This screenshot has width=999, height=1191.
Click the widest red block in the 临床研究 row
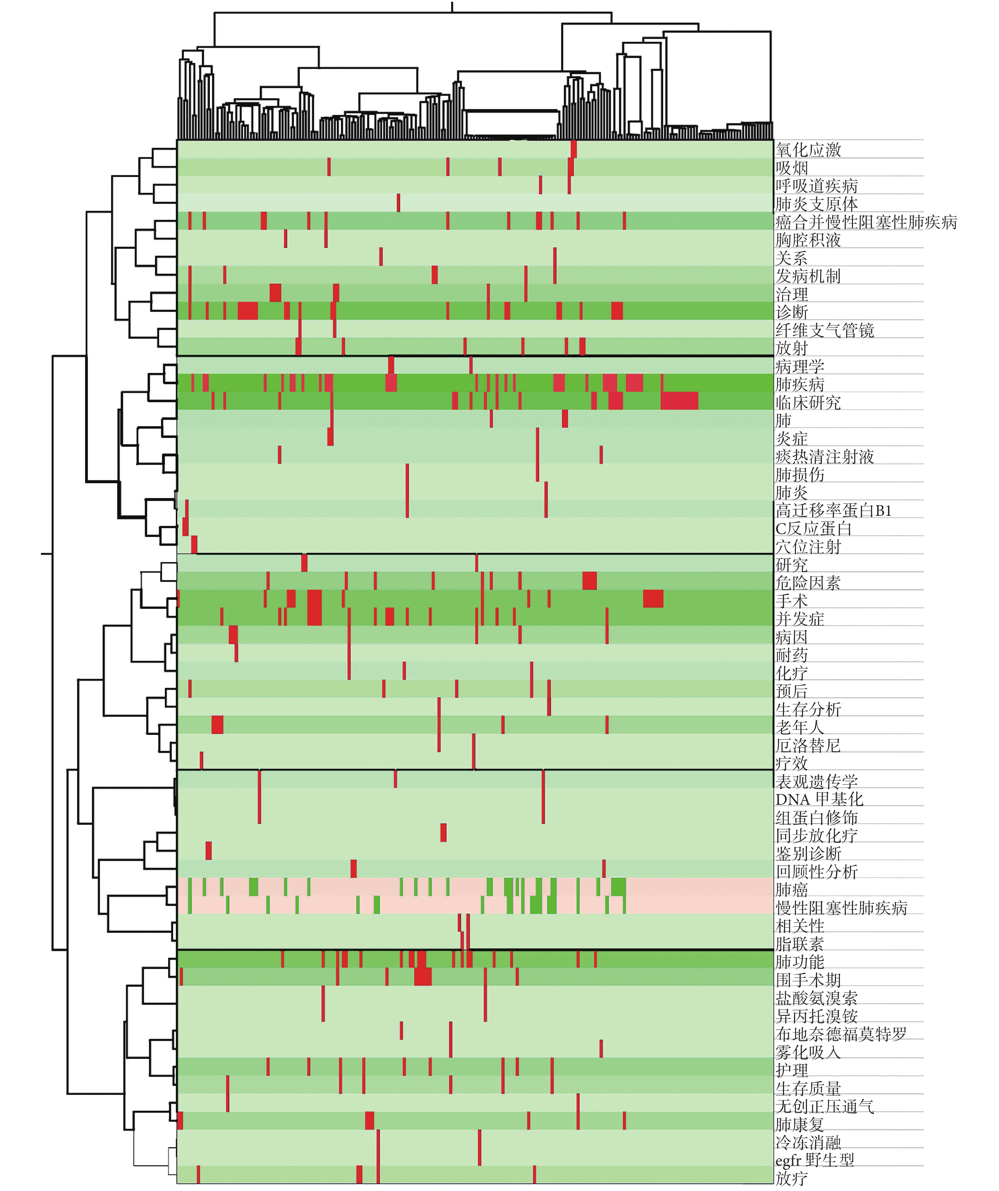pyautogui.click(x=679, y=400)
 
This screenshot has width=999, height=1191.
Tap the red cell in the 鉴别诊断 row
pyautogui.click(x=209, y=851)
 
